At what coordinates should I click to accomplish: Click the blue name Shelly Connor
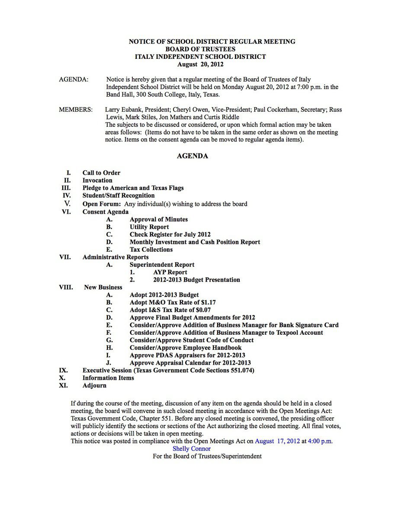pos(192,449)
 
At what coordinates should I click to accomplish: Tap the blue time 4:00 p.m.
pos(320,441)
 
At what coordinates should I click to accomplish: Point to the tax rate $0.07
pos(203,310)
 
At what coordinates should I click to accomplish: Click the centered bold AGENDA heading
pos(192,156)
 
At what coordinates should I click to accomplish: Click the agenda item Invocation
pos(97,180)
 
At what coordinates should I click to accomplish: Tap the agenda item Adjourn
pos(94,385)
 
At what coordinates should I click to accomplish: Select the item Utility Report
pos(149,227)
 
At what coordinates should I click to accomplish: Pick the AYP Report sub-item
pos(170,272)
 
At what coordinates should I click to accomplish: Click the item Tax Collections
pos(151,250)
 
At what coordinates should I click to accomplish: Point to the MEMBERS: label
pos(76,110)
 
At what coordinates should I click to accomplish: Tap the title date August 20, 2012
pos(201,64)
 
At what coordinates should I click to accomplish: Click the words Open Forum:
pos(102,204)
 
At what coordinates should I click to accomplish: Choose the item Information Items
pos(108,378)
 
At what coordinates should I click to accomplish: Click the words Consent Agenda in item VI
pos(106,212)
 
